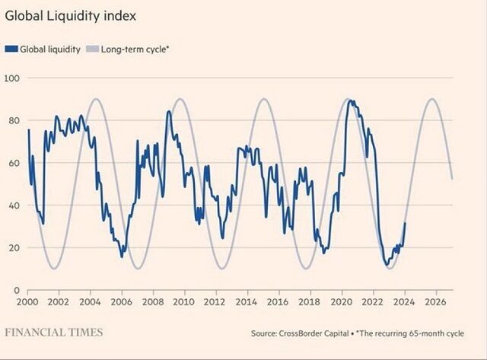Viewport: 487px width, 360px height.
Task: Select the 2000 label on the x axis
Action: (x=27, y=302)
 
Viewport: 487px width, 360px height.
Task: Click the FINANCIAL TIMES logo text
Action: (x=53, y=333)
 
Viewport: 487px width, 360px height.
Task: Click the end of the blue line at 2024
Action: (x=405, y=223)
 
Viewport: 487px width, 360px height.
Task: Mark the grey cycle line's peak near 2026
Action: (x=431, y=99)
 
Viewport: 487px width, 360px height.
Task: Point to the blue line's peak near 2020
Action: (x=349, y=100)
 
